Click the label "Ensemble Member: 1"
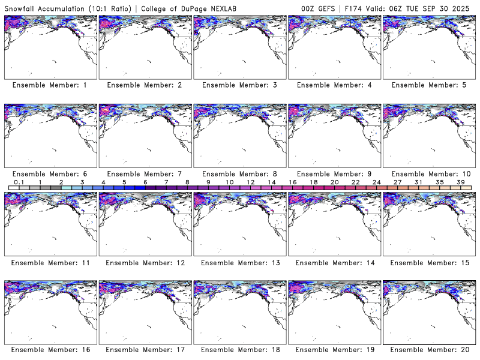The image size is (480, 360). [49, 85]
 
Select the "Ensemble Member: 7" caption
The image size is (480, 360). [144, 174]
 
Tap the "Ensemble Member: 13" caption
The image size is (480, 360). [239, 262]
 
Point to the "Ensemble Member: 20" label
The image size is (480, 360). [428, 350]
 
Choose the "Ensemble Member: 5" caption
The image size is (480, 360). [428, 85]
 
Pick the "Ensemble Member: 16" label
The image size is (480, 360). [49, 350]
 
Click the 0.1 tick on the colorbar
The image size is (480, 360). [19, 182]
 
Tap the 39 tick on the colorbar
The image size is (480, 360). [461, 182]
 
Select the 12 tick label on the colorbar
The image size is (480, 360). [250, 182]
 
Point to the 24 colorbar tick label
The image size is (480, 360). [377, 182]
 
